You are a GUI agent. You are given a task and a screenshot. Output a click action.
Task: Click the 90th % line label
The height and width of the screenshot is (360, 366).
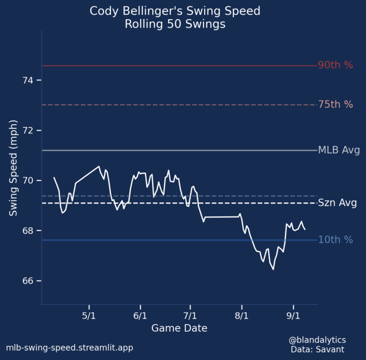point(335,65)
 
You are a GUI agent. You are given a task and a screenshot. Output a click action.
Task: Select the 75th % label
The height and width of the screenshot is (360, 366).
point(335,105)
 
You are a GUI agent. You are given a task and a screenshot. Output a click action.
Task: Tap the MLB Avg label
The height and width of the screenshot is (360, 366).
point(339,150)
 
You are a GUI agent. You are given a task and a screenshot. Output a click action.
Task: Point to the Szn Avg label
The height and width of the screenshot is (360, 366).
point(337,203)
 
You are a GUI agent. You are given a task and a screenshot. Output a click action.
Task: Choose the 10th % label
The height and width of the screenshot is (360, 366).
point(335,240)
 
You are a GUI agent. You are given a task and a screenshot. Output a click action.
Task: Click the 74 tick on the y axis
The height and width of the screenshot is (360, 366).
point(29,80)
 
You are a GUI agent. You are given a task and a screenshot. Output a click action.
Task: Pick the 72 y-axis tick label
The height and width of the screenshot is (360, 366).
point(29,131)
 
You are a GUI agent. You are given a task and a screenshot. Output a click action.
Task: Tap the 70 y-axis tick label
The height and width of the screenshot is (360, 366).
point(29,180)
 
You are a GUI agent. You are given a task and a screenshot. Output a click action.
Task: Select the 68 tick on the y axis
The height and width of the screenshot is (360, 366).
point(29,231)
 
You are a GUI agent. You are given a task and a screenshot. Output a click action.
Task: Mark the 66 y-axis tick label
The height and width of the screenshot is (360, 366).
point(29,281)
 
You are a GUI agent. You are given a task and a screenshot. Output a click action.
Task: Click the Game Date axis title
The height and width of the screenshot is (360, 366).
point(179,328)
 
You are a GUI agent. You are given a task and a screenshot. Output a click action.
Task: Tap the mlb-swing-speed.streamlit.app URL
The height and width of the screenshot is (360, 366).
point(69,348)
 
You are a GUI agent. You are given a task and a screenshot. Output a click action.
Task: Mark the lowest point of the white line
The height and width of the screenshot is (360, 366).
point(273,269)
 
